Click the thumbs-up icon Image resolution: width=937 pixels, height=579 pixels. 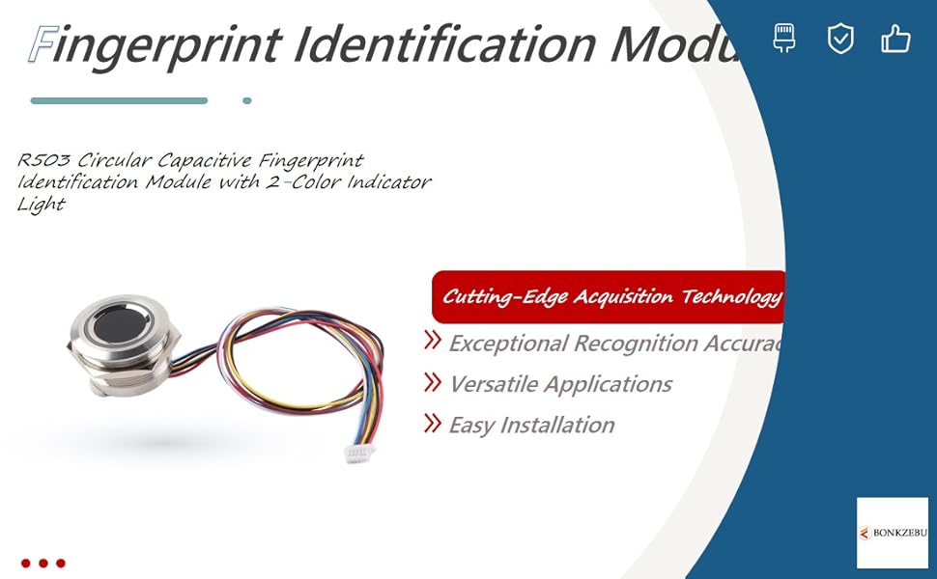895,40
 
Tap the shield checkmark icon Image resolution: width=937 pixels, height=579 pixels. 840,40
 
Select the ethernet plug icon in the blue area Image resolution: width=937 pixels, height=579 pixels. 784,40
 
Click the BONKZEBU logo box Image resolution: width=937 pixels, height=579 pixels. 892,533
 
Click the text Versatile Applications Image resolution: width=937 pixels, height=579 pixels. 560,384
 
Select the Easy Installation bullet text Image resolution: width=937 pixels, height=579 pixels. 531,425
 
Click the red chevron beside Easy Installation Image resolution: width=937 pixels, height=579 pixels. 433,424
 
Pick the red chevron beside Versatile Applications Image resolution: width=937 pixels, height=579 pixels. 433,383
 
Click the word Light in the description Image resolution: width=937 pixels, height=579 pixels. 41,204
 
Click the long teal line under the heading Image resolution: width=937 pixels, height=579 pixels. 119,100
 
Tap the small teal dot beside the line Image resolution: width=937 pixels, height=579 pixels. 247,100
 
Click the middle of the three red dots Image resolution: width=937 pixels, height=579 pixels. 43,563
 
